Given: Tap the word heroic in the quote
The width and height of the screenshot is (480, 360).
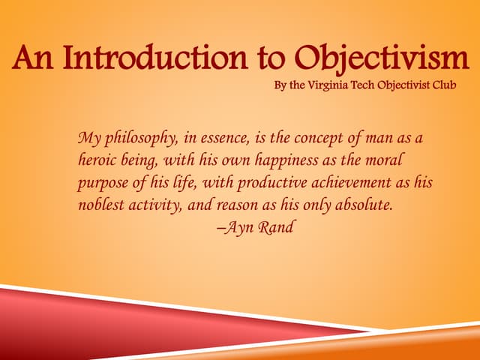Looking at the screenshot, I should [x=100, y=161].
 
